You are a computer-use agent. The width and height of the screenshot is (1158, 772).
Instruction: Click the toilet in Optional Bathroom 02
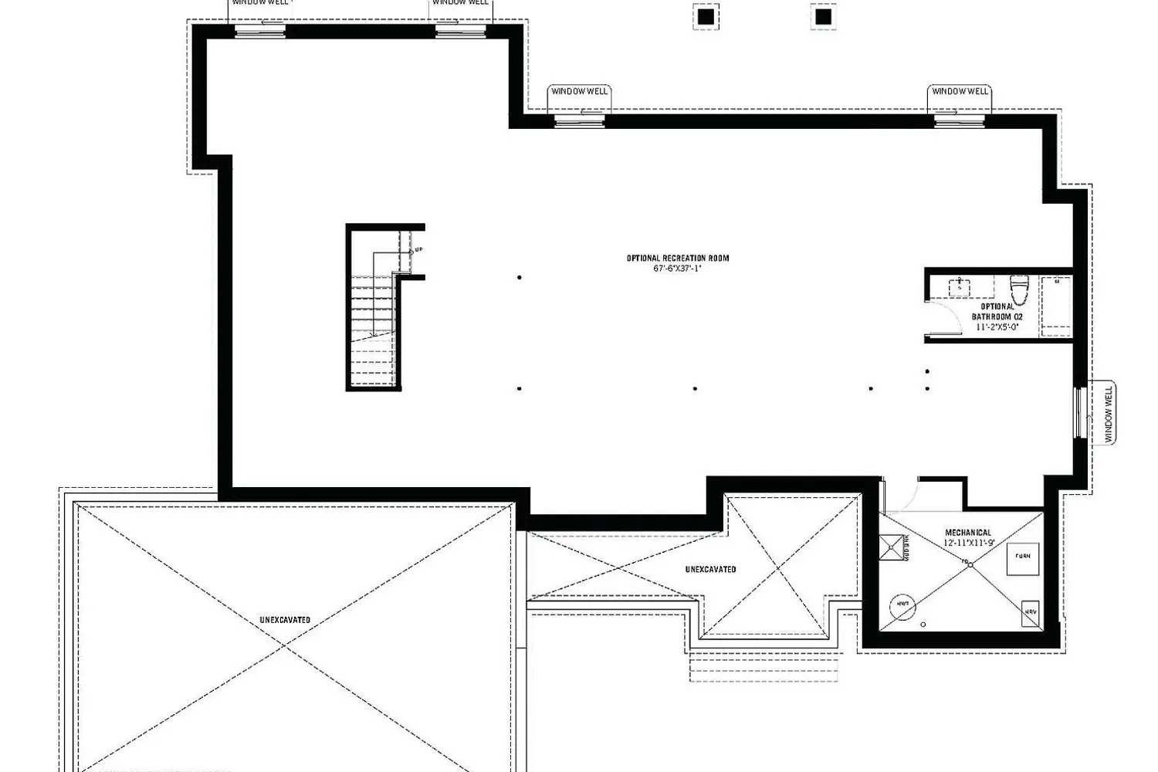(1019, 290)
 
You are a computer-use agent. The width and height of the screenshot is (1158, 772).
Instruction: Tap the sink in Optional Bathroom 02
(960, 286)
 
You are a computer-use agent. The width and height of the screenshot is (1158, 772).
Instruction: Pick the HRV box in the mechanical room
(1030, 611)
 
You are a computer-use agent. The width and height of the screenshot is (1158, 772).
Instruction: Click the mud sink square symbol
(891, 548)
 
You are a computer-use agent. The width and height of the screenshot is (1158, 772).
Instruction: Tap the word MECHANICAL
(968, 533)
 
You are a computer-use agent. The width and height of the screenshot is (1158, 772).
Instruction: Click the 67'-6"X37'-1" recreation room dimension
(676, 269)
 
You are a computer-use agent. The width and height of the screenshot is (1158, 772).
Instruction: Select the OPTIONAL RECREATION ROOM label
(677, 258)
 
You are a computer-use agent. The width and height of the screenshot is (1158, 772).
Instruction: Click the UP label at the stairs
(418, 250)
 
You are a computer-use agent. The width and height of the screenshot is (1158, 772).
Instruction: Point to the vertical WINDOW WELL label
(1109, 414)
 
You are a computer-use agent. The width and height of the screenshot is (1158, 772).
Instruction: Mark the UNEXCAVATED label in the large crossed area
(285, 620)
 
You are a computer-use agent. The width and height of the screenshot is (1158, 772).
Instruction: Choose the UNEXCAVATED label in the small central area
(710, 570)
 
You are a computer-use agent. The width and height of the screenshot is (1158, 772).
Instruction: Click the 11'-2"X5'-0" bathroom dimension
(997, 327)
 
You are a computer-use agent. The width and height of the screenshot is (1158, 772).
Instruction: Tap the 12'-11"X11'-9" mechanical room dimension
(968, 543)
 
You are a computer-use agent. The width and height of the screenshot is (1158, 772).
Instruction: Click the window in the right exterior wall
(1079, 413)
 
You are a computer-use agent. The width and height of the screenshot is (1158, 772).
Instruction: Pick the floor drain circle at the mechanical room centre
(970, 565)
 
